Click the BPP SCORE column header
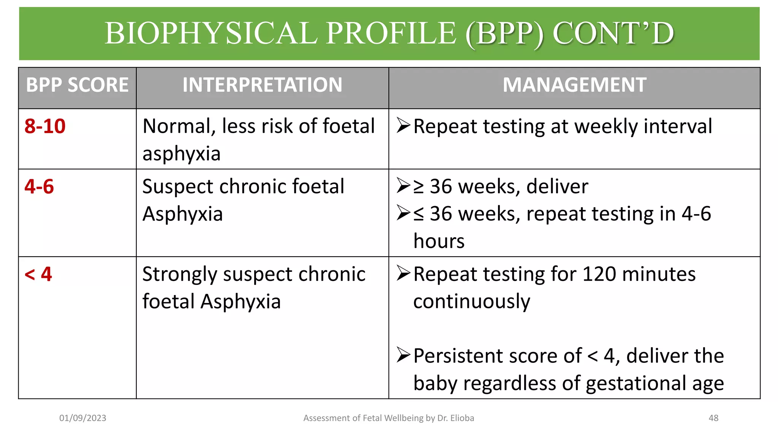click(77, 85)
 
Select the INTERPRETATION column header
click(262, 85)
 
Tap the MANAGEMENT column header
click(574, 85)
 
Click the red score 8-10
click(45, 126)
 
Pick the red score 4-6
click(39, 187)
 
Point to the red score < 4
click(38, 274)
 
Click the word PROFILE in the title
click(391, 33)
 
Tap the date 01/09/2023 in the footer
click(82, 418)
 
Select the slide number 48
click(713, 418)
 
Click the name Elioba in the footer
click(462, 418)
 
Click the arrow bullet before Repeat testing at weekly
click(403, 125)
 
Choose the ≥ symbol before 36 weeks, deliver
click(418, 187)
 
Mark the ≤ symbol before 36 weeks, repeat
click(418, 214)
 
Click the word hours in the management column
click(439, 241)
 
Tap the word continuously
click(471, 302)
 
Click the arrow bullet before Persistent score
click(403, 355)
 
